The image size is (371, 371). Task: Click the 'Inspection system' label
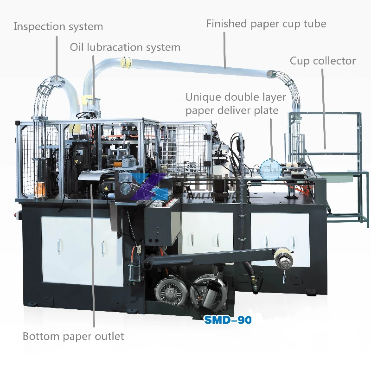pyautogui.click(x=58, y=26)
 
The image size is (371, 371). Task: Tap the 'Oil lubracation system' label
pyautogui.click(x=125, y=47)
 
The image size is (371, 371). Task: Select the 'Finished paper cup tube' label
pyautogui.click(x=266, y=24)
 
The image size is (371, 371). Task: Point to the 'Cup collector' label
pyautogui.click(x=323, y=61)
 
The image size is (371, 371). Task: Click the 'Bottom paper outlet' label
pyautogui.click(x=73, y=336)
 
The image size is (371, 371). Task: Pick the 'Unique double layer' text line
pyautogui.click(x=236, y=97)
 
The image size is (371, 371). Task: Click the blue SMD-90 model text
pyautogui.click(x=228, y=320)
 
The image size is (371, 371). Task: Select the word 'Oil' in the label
pyautogui.click(x=77, y=47)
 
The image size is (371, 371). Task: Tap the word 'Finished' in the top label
pyautogui.click(x=227, y=24)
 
